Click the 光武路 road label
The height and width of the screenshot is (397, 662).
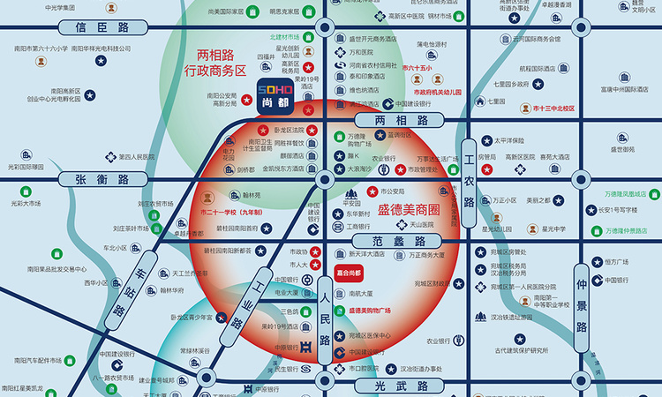[x=395, y=386]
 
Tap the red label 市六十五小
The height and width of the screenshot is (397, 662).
[x=418, y=68]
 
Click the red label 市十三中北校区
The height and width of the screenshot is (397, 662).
[x=553, y=109]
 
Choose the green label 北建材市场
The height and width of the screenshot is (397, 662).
[x=284, y=38]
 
